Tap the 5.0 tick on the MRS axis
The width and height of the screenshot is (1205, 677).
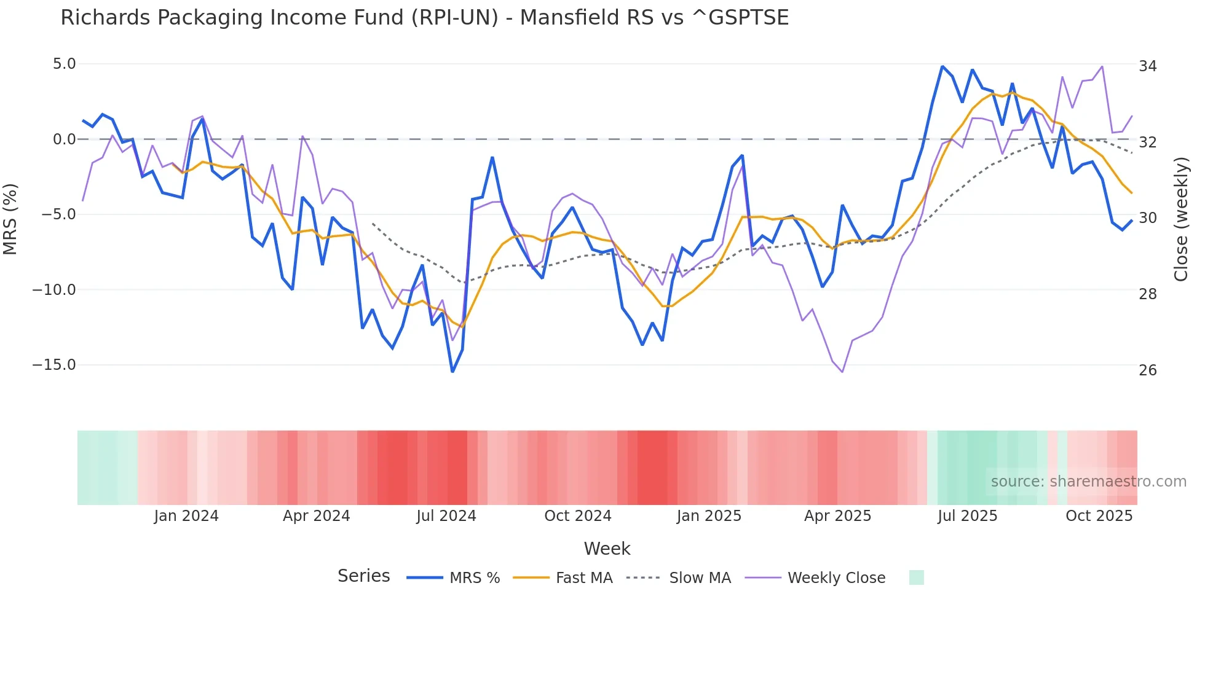pyautogui.click(x=64, y=64)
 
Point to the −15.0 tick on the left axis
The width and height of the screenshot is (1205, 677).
pyautogui.click(x=54, y=365)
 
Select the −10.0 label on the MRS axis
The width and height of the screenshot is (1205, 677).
pyautogui.click(x=54, y=290)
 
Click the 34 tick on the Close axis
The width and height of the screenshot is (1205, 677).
pyautogui.click(x=1147, y=66)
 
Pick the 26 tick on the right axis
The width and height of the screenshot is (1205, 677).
pyautogui.click(x=1147, y=370)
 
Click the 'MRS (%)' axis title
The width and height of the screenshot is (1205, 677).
pyautogui.click(x=10, y=219)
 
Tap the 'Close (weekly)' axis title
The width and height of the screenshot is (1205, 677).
pyautogui.click(x=1180, y=219)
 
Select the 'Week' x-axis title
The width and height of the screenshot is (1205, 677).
pyautogui.click(x=607, y=549)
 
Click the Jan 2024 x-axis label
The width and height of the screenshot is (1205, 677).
pyautogui.click(x=186, y=516)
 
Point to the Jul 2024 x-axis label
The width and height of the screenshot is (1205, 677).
pyautogui.click(x=446, y=516)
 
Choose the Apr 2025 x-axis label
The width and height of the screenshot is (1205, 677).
pyautogui.click(x=837, y=516)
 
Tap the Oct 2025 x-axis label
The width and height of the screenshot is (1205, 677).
pyautogui.click(x=1099, y=516)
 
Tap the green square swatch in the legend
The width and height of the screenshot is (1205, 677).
pyautogui.click(x=916, y=578)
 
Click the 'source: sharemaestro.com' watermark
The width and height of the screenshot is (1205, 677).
pyautogui.click(x=1088, y=482)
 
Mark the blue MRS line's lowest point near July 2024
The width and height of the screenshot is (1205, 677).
pyautogui.click(x=452, y=372)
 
